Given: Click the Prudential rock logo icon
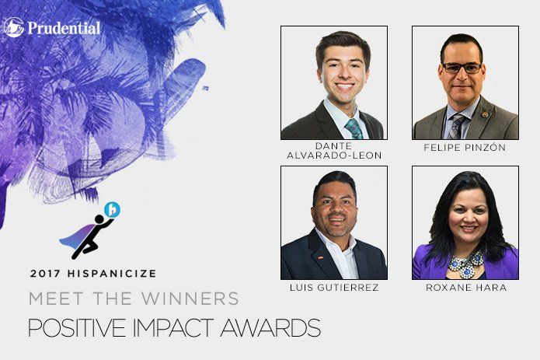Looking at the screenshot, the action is pos(14,27).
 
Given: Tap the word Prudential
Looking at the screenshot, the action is pos(64,28).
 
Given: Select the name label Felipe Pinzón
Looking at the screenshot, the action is pos(465,148).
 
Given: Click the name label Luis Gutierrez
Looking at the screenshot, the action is pos(334,288).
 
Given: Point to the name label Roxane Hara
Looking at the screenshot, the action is pos(466,288).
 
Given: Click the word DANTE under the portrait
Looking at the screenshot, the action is pos(333,145).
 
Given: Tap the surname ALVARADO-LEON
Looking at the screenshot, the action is pos(334,156).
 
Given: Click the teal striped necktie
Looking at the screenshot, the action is pos(354,129).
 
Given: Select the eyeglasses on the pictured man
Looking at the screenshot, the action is pos(462,68).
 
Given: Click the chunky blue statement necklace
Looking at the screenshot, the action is pos(465,264).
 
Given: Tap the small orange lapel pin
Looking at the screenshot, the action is pos(320,257).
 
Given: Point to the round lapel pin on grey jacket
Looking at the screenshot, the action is pos(486,114).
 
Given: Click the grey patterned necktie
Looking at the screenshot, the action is pos(457,127).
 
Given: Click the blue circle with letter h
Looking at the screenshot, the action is pos(112,209).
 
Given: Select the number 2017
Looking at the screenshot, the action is pos(46,274).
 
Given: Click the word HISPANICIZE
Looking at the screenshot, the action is pos(112,274).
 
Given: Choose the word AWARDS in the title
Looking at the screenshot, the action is pos(270,327).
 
